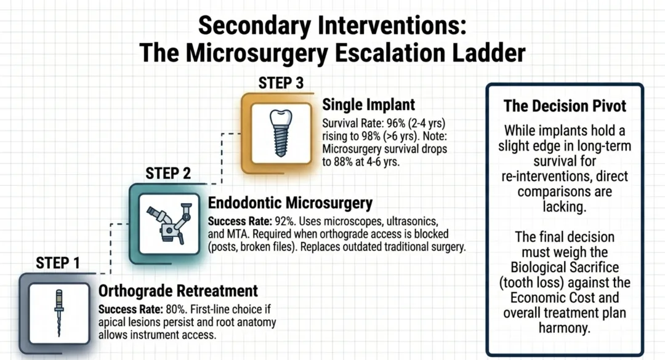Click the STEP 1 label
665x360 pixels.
pos(58,263)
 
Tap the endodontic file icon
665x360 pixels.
pos(58,312)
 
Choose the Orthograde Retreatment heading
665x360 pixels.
pos(178,290)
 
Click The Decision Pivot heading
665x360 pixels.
pos(565,106)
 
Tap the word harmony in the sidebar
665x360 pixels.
pos(565,328)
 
